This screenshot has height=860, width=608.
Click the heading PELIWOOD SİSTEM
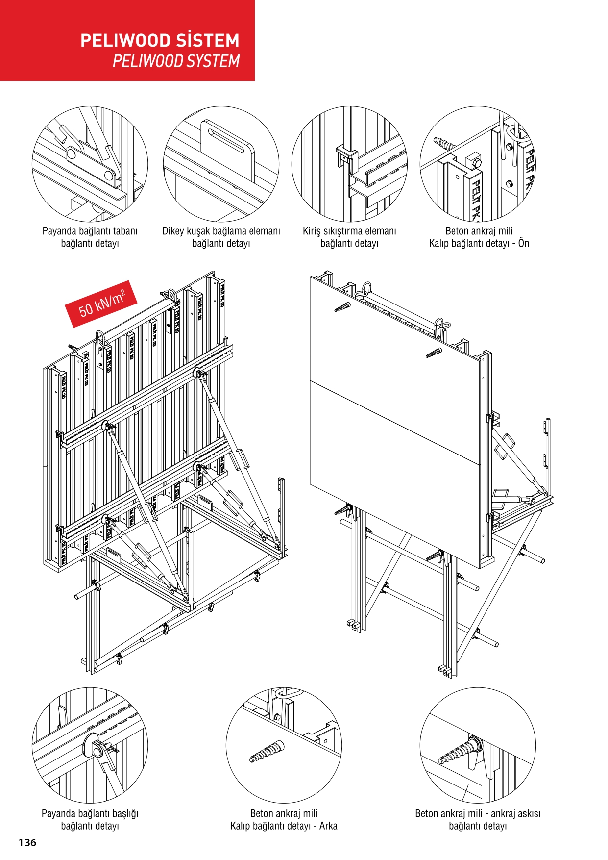click(x=160, y=40)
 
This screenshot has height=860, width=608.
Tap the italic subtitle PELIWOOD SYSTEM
click(x=176, y=61)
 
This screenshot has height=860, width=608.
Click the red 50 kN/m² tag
click(x=101, y=304)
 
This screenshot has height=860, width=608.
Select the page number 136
click(x=27, y=842)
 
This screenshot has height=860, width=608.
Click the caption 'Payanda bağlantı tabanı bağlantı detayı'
click(x=90, y=237)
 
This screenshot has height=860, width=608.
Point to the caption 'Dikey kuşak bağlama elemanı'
click(x=221, y=231)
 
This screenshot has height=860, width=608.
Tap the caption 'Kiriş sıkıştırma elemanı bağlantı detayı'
click(x=349, y=237)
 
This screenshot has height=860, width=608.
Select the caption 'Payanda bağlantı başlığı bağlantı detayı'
click(x=90, y=820)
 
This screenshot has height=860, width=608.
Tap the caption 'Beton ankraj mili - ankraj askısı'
click(x=478, y=814)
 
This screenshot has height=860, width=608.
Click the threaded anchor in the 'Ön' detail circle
click(x=444, y=144)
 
